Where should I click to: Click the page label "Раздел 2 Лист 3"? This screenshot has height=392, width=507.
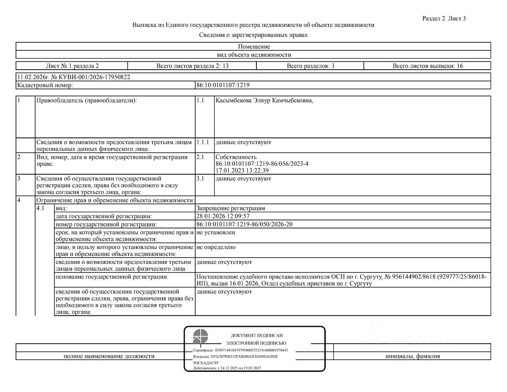(444, 18)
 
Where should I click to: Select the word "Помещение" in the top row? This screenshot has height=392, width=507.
(254, 47)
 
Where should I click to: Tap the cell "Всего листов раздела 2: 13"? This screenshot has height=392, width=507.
(192, 66)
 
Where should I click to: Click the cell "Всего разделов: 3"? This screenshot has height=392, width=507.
(310, 66)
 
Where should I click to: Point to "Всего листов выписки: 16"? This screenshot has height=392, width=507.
(428, 66)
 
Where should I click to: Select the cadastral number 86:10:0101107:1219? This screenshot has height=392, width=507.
(223, 85)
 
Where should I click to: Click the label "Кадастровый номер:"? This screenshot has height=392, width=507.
(45, 85)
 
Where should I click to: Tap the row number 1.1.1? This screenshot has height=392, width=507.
(203, 142)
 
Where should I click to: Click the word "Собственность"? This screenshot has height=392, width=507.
(236, 157)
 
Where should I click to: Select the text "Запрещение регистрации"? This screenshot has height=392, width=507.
(231, 208)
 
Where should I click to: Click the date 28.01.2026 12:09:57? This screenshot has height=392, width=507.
(223, 216)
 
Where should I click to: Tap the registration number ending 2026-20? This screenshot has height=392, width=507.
(244, 224)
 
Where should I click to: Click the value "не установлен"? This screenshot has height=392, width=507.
(216, 232)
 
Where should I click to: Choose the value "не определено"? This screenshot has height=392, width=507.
(216, 247)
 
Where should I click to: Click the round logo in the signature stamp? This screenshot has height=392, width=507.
(201, 337)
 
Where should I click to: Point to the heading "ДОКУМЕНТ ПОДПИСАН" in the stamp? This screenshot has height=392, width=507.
(257, 335)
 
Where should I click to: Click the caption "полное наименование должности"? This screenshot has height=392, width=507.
(109, 356)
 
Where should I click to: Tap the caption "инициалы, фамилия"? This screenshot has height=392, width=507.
(412, 356)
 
